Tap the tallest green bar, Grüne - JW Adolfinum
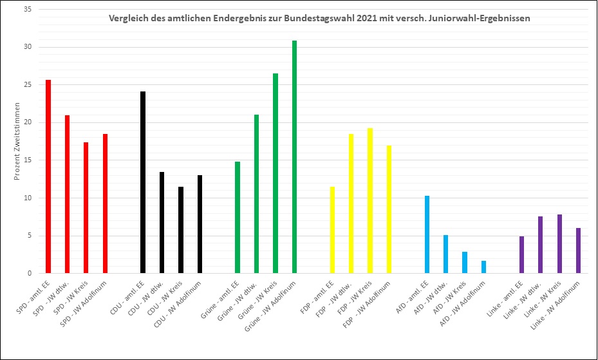point(294,157)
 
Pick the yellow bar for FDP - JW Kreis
point(369,200)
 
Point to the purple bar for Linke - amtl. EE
point(521,254)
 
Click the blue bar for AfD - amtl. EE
point(427,234)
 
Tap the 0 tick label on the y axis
point(29,273)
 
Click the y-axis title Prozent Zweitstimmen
point(18,140)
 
